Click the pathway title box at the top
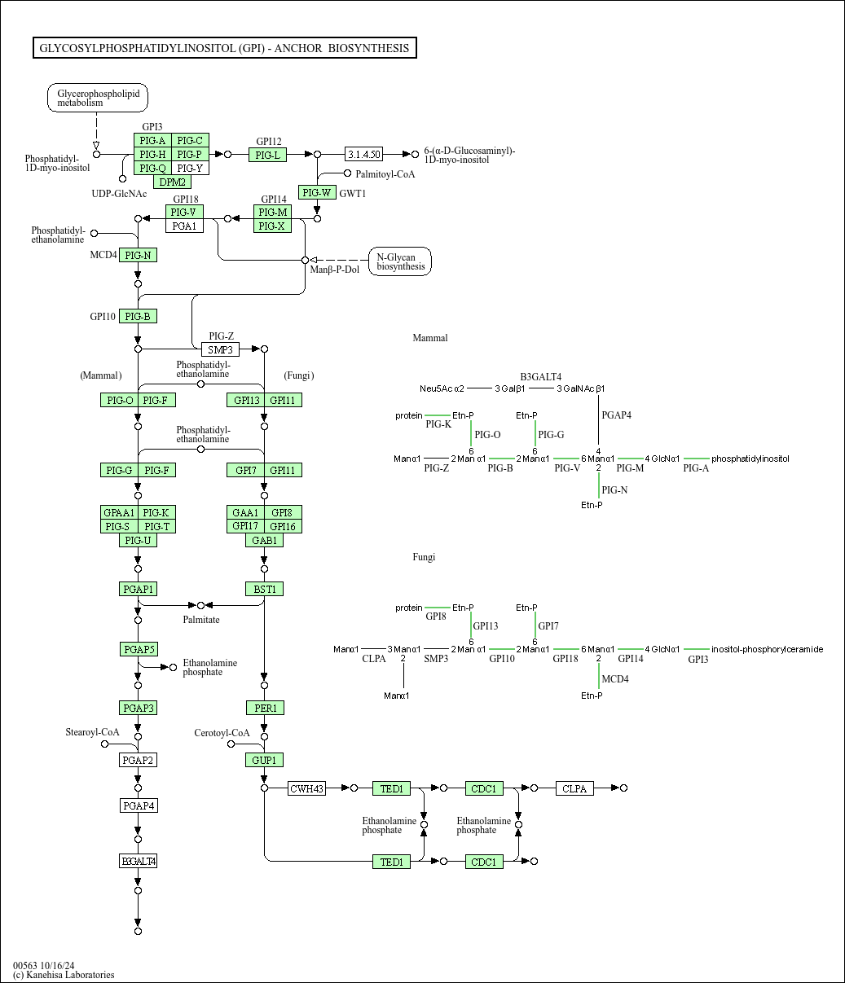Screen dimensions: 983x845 click(x=224, y=48)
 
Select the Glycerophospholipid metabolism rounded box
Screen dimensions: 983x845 click(x=98, y=99)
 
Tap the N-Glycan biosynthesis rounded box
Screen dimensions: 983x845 click(x=400, y=261)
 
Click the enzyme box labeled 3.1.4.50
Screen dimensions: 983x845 click(x=363, y=154)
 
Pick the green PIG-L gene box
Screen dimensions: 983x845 click(x=267, y=155)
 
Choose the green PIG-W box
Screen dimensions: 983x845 click(x=316, y=192)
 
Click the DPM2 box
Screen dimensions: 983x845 click(x=172, y=182)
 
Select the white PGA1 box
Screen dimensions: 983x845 click(x=184, y=226)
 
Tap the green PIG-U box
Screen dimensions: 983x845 click(x=138, y=540)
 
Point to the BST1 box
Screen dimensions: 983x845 click(x=264, y=589)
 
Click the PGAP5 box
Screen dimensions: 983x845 click(x=138, y=649)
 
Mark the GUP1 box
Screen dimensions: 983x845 click(x=264, y=760)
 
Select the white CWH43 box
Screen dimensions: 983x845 click(x=306, y=788)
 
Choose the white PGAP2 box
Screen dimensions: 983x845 click(x=138, y=760)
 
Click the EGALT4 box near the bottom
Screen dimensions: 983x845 click(x=138, y=861)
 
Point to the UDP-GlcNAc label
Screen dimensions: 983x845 click(x=119, y=193)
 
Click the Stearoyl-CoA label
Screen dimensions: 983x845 click(x=92, y=732)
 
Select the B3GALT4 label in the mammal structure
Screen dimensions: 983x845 click(x=541, y=376)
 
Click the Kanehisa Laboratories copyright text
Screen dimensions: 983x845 click(x=64, y=975)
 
